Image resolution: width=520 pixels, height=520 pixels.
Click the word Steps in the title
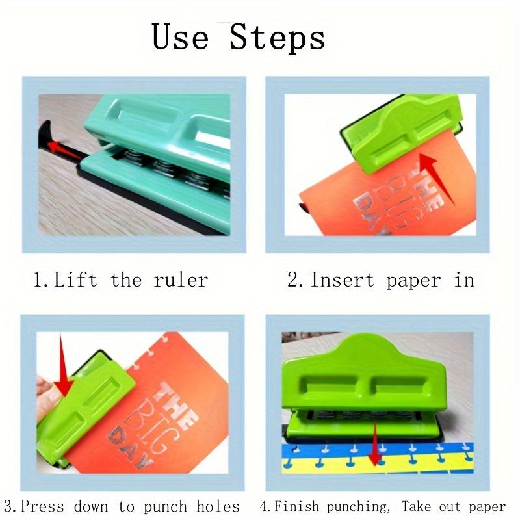(x=277, y=38)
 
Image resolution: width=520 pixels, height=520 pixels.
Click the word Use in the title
(x=182, y=37)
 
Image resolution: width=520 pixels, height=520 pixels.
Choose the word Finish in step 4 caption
(x=296, y=507)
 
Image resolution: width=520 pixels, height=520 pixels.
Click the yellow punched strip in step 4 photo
(x=390, y=463)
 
